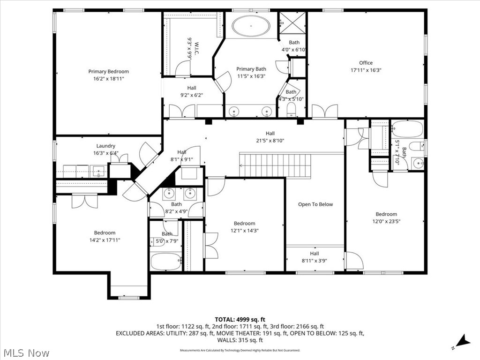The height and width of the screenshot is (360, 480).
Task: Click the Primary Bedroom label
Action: tap(108, 72)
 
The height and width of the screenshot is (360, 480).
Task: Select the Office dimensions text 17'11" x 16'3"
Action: tap(366, 70)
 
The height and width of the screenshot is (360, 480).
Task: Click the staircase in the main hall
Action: tap(275, 165)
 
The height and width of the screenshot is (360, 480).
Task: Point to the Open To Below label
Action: tap(315, 204)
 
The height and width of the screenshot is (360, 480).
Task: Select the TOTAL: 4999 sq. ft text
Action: tap(240, 319)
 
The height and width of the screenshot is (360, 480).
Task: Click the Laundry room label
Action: tap(105, 146)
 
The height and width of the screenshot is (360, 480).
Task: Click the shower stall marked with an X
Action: tap(292, 21)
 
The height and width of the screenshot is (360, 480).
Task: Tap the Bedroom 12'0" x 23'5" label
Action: tap(386, 214)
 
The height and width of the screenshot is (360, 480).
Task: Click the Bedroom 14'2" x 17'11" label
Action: tap(105, 233)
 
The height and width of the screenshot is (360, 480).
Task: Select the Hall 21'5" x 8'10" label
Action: tap(270, 133)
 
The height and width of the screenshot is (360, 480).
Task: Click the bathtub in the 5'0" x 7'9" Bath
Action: tap(165, 262)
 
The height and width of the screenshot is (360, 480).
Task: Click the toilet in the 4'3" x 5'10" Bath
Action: tap(290, 111)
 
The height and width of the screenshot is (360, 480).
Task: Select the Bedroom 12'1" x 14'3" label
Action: tap(244, 224)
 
